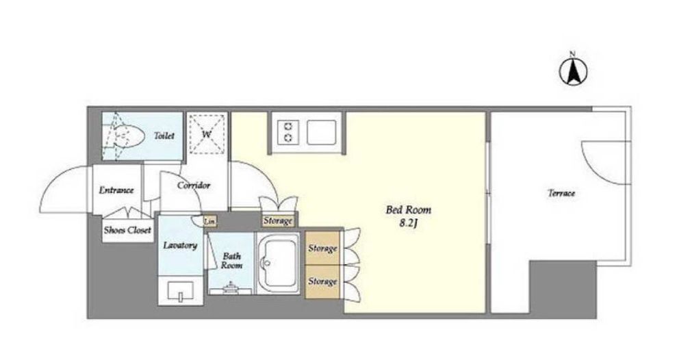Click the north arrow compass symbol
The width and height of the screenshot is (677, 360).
click(x=573, y=72)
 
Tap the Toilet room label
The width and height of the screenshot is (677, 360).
click(x=164, y=136)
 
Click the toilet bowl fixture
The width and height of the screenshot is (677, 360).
click(x=125, y=136)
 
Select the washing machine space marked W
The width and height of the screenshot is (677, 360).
click(x=207, y=134)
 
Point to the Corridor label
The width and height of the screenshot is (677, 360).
click(x=194, y=185)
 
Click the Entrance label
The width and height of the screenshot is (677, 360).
click(x=116, y=190)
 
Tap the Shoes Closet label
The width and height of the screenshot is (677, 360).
click(x=127, y=230)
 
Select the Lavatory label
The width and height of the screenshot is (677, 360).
click(x=180, y=246)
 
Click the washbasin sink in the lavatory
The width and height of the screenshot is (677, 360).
click(x=181, y=292)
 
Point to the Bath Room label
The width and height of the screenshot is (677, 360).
click(x=231, y=261)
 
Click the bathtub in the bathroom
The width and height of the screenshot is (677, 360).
click(x=277, y=263)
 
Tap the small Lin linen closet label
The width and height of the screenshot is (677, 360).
click(x=209, y=222)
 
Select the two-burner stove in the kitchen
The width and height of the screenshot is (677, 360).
click(x=288, y=132)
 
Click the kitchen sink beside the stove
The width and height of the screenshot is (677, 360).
click(x=321, y=132)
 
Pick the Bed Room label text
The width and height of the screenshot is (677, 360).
click(x=408, y=210)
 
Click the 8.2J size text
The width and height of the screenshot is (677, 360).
click(x=409, y=224)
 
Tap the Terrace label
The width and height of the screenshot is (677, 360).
click(x=561, y=193)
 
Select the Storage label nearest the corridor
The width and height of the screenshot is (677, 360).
click(x=278, y=221)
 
